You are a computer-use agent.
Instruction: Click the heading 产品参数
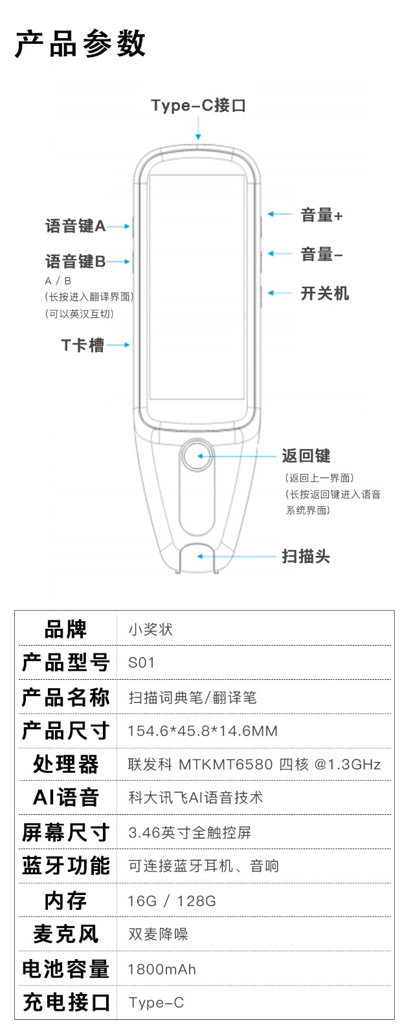click(80, 45)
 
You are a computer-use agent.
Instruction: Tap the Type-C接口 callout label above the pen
click(198, 106)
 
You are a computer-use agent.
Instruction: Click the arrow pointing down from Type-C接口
click(198, 128)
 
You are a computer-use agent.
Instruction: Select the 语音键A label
click(75, 226)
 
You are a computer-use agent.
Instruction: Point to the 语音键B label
click(75, 262)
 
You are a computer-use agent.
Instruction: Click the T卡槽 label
click(83, 345)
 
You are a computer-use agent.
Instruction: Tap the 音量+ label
click(322, 215)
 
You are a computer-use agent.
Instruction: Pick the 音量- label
click(322, 255)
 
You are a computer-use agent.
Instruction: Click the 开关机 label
click(325, 293)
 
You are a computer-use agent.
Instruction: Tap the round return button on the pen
click(197, 456)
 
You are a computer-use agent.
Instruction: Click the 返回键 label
click(306, 456)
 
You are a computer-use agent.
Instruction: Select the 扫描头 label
click(306, 556)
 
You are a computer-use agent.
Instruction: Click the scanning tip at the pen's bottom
click(197, 558)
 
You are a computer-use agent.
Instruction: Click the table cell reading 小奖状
click(150, 629)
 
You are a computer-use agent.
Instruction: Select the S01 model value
click(142, 663)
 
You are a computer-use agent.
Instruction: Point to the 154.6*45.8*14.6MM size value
click(203, 731)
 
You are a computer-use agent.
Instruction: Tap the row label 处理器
click(65, 764)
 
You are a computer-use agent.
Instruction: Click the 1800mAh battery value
click(162, 969)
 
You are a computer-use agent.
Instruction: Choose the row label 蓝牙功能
click(65, 865)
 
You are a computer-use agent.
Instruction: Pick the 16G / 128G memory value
click(172, 901)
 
